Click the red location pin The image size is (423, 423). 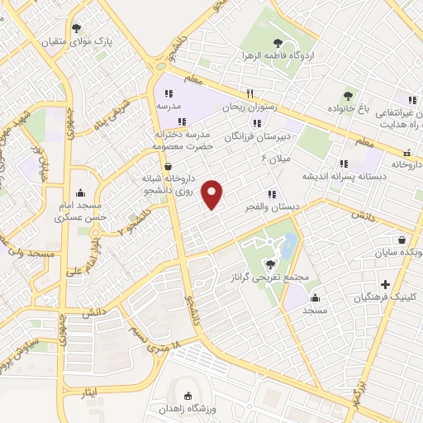point(214,194)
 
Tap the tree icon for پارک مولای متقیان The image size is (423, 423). point(78,28)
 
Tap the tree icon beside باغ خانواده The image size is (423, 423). point(348,96)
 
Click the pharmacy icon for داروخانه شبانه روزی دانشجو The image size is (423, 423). point(169,166)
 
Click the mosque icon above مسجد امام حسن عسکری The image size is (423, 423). point(80,192)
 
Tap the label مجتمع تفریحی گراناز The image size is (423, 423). point(270,277)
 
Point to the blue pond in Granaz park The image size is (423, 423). point(288,245)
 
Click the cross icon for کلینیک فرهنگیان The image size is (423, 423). point(385,284)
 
